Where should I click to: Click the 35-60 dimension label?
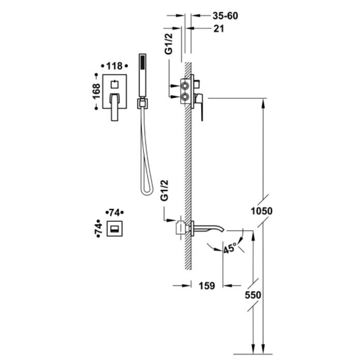(225, 16)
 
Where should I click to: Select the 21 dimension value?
(219, 29)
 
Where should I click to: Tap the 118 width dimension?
(114, 66)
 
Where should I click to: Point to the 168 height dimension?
(96, 91)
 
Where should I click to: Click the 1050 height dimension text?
(261, 211)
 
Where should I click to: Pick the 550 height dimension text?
(253, 295)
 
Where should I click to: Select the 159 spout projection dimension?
(207, 285)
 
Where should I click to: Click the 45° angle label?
(230, 248)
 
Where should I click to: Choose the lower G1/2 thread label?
(165, 190)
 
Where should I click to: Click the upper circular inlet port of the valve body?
(185, 86)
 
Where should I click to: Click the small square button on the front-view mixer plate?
(114, 84)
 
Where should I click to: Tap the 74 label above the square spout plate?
(114, 213)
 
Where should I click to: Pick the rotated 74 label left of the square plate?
(98, 229)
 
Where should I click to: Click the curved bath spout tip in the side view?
(221, 230)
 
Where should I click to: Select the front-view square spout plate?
(114, 229)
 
